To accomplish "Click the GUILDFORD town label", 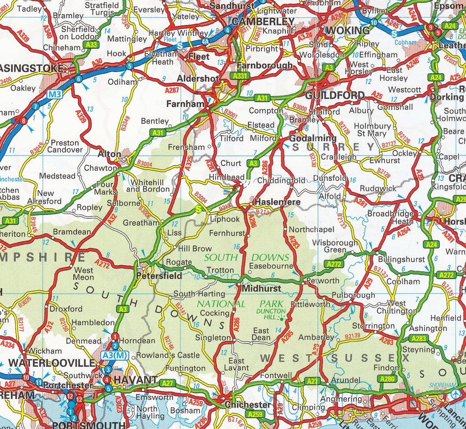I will [335, 96].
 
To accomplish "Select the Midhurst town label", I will [261, 288].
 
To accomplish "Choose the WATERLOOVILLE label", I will [52, 363].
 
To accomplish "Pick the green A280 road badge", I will [387, 379].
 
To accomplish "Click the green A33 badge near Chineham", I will [91, 45].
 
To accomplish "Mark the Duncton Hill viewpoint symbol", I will [282, 319].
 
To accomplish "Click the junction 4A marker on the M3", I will [205, 41].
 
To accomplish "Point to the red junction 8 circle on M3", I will [23, 121].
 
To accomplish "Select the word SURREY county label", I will [333, 147].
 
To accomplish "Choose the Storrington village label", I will [373, 326].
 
